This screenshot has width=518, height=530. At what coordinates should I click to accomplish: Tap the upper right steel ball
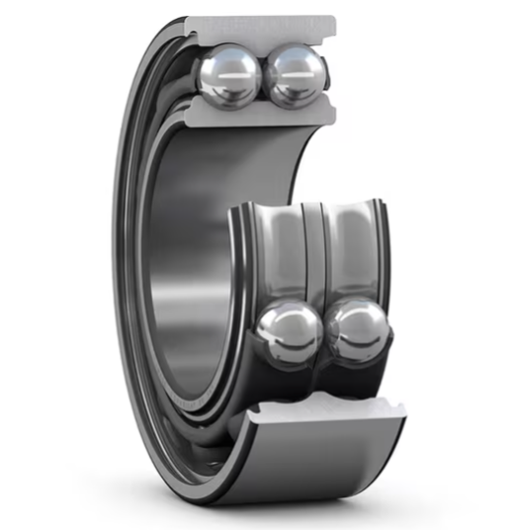coord(297,75)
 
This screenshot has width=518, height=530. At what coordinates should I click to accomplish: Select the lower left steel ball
coord(289,334)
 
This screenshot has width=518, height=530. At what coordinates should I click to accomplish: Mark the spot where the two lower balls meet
coord(324,334)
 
